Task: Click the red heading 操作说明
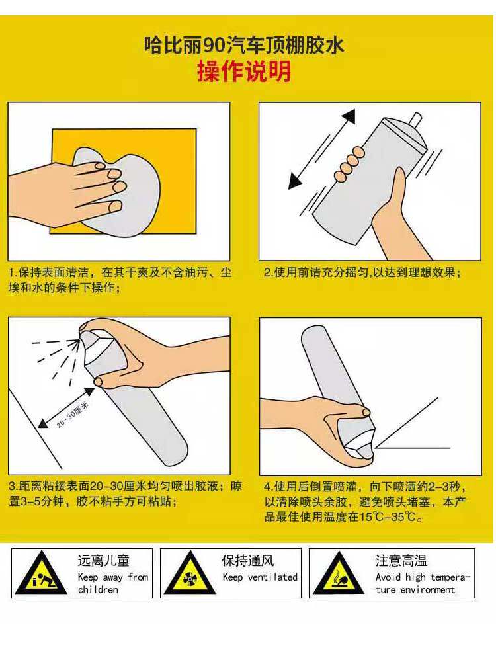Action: point(244,71)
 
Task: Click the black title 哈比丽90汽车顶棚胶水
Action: point(244,44)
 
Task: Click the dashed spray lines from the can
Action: point(56,358)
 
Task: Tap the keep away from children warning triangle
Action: point(40,573)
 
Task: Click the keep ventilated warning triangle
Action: point(189,573)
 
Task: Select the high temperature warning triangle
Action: point(338,573)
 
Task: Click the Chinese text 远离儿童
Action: point(103,561)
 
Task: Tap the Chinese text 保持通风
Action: point(248,561)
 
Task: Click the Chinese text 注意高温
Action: point(401,561)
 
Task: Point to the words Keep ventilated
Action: point(260,577)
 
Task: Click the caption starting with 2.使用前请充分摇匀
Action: point(362,272)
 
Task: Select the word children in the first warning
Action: point(98,589)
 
